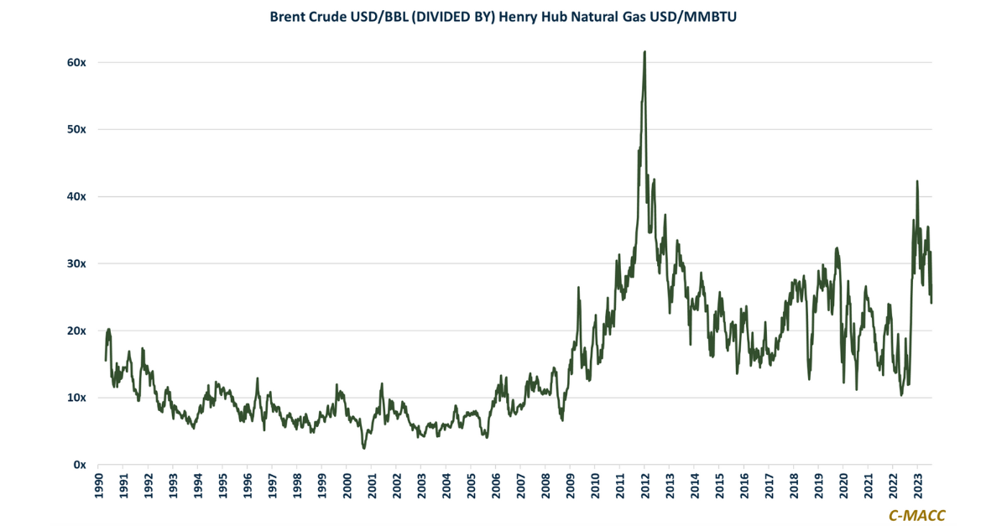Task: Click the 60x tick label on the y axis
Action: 78,63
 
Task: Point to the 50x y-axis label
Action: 78,129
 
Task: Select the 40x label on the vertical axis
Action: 78,196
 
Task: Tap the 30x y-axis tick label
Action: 78,263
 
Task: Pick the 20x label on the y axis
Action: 78,331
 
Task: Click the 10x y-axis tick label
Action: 78,397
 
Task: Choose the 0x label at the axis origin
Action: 81,464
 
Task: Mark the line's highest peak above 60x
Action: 644,52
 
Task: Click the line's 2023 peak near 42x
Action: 917,181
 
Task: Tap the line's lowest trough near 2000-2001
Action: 364,448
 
